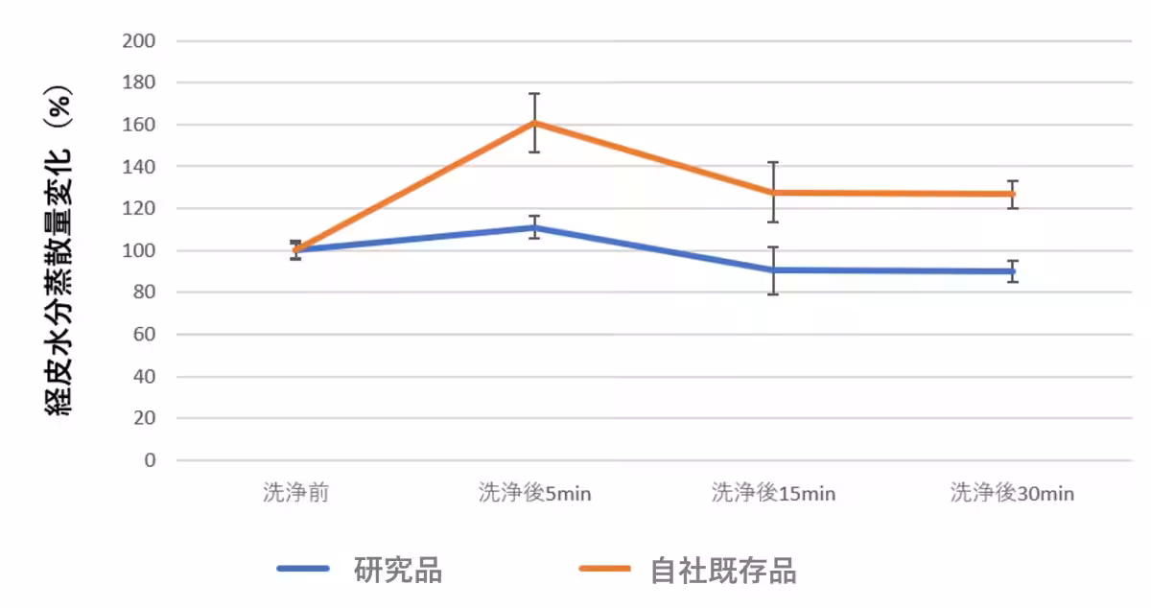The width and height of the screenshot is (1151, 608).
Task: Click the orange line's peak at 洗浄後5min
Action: coord(534,123)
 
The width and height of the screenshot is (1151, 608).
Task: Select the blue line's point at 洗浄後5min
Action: coord(534,227)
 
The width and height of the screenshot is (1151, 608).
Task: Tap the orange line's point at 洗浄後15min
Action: coord(773,193)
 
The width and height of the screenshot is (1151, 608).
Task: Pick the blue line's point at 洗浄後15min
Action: coord(773,269)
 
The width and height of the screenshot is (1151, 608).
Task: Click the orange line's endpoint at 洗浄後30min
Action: coord(1012,194)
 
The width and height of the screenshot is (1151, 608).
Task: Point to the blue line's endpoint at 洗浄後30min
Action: coord(1012,271)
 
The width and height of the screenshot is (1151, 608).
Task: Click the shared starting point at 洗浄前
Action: coord(296,249)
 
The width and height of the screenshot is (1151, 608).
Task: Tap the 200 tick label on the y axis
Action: coord(139,41)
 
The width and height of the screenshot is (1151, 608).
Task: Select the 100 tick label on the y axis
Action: coord(139,250)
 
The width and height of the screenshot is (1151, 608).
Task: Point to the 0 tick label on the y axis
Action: coord(149,460)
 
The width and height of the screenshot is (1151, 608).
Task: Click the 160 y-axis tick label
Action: coord(139,125)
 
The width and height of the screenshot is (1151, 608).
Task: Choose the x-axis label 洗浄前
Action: coord(296,494)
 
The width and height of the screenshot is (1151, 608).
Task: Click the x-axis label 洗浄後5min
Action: coord(534,494)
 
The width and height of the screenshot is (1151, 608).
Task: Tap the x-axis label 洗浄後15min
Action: coord(773,494)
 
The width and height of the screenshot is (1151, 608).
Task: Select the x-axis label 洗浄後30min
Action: coord(1012,494)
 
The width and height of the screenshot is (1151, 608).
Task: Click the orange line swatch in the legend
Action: coord(604,569)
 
